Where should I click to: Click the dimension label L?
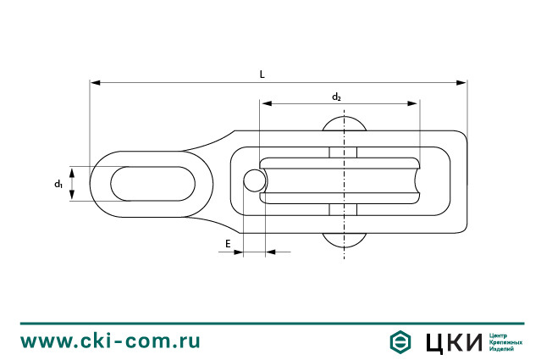coord(262,75)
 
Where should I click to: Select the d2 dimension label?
coord(336,97)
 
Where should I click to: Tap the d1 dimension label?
coord(58,184)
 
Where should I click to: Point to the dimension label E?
coord(228,244)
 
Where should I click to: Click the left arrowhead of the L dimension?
coord(95,83)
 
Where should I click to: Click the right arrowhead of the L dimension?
coord(461,83)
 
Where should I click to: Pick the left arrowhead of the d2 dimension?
coord(267,103)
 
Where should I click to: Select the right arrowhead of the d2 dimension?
coord(412,103)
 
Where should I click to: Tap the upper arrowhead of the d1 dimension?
coord(72,173)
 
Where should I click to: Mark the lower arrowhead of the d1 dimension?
coord(72,195)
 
